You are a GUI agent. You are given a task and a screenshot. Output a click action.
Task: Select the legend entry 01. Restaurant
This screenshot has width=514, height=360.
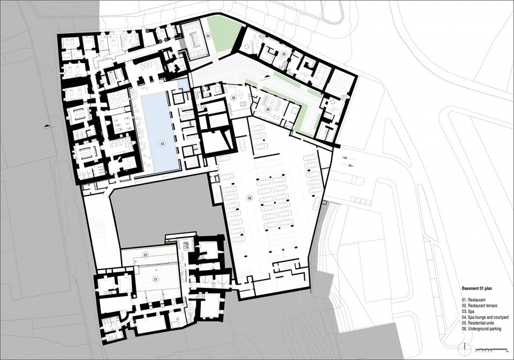[x=474, y=299]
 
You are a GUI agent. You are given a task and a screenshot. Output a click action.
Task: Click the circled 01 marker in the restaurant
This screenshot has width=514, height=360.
[x=156, y=280]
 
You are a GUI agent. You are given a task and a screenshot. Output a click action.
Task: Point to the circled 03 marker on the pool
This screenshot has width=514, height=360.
[x=161, y=144]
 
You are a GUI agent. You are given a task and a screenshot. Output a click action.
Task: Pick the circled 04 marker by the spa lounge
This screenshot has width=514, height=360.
[x=208, y=35]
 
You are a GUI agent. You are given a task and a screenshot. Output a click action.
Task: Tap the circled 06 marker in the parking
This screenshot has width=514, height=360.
[x=250, y=198]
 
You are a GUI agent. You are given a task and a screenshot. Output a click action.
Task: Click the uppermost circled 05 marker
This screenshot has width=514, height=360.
[x=285, y=54]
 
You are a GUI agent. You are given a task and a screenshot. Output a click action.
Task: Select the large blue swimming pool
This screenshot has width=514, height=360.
[x=160, y=129]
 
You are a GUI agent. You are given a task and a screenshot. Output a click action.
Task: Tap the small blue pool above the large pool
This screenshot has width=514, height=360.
[x=183, y=84]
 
